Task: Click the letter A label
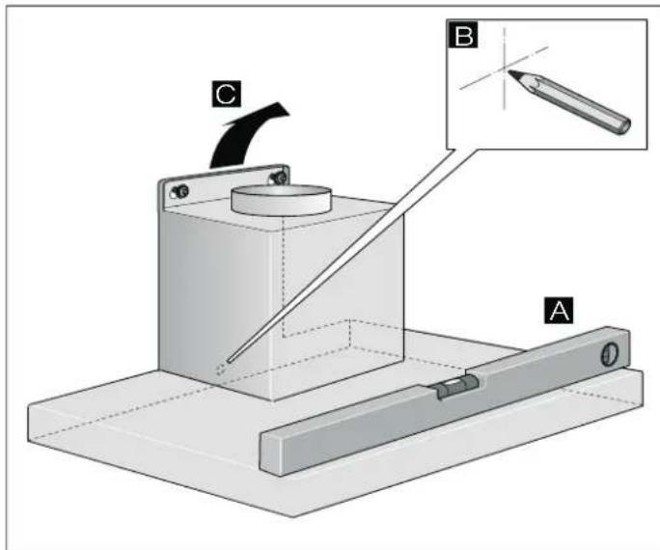[x=559, y=311]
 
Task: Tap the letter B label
[x=463, y=36]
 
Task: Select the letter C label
[x=227, y=93]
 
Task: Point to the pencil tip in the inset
[x=509, y=72]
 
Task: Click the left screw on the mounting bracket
[x=180, y=192]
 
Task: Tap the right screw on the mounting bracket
[x=278, y=178]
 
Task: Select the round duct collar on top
[x=281, y=200]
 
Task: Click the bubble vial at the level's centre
[x=457, y=386]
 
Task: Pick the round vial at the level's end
[x=610, y=354]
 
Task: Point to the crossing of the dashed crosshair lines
[x=505, y=70]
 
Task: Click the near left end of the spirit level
[x=271, y=454]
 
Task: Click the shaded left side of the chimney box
[x=214, y=294]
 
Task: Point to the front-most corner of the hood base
[x=294, y=514]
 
